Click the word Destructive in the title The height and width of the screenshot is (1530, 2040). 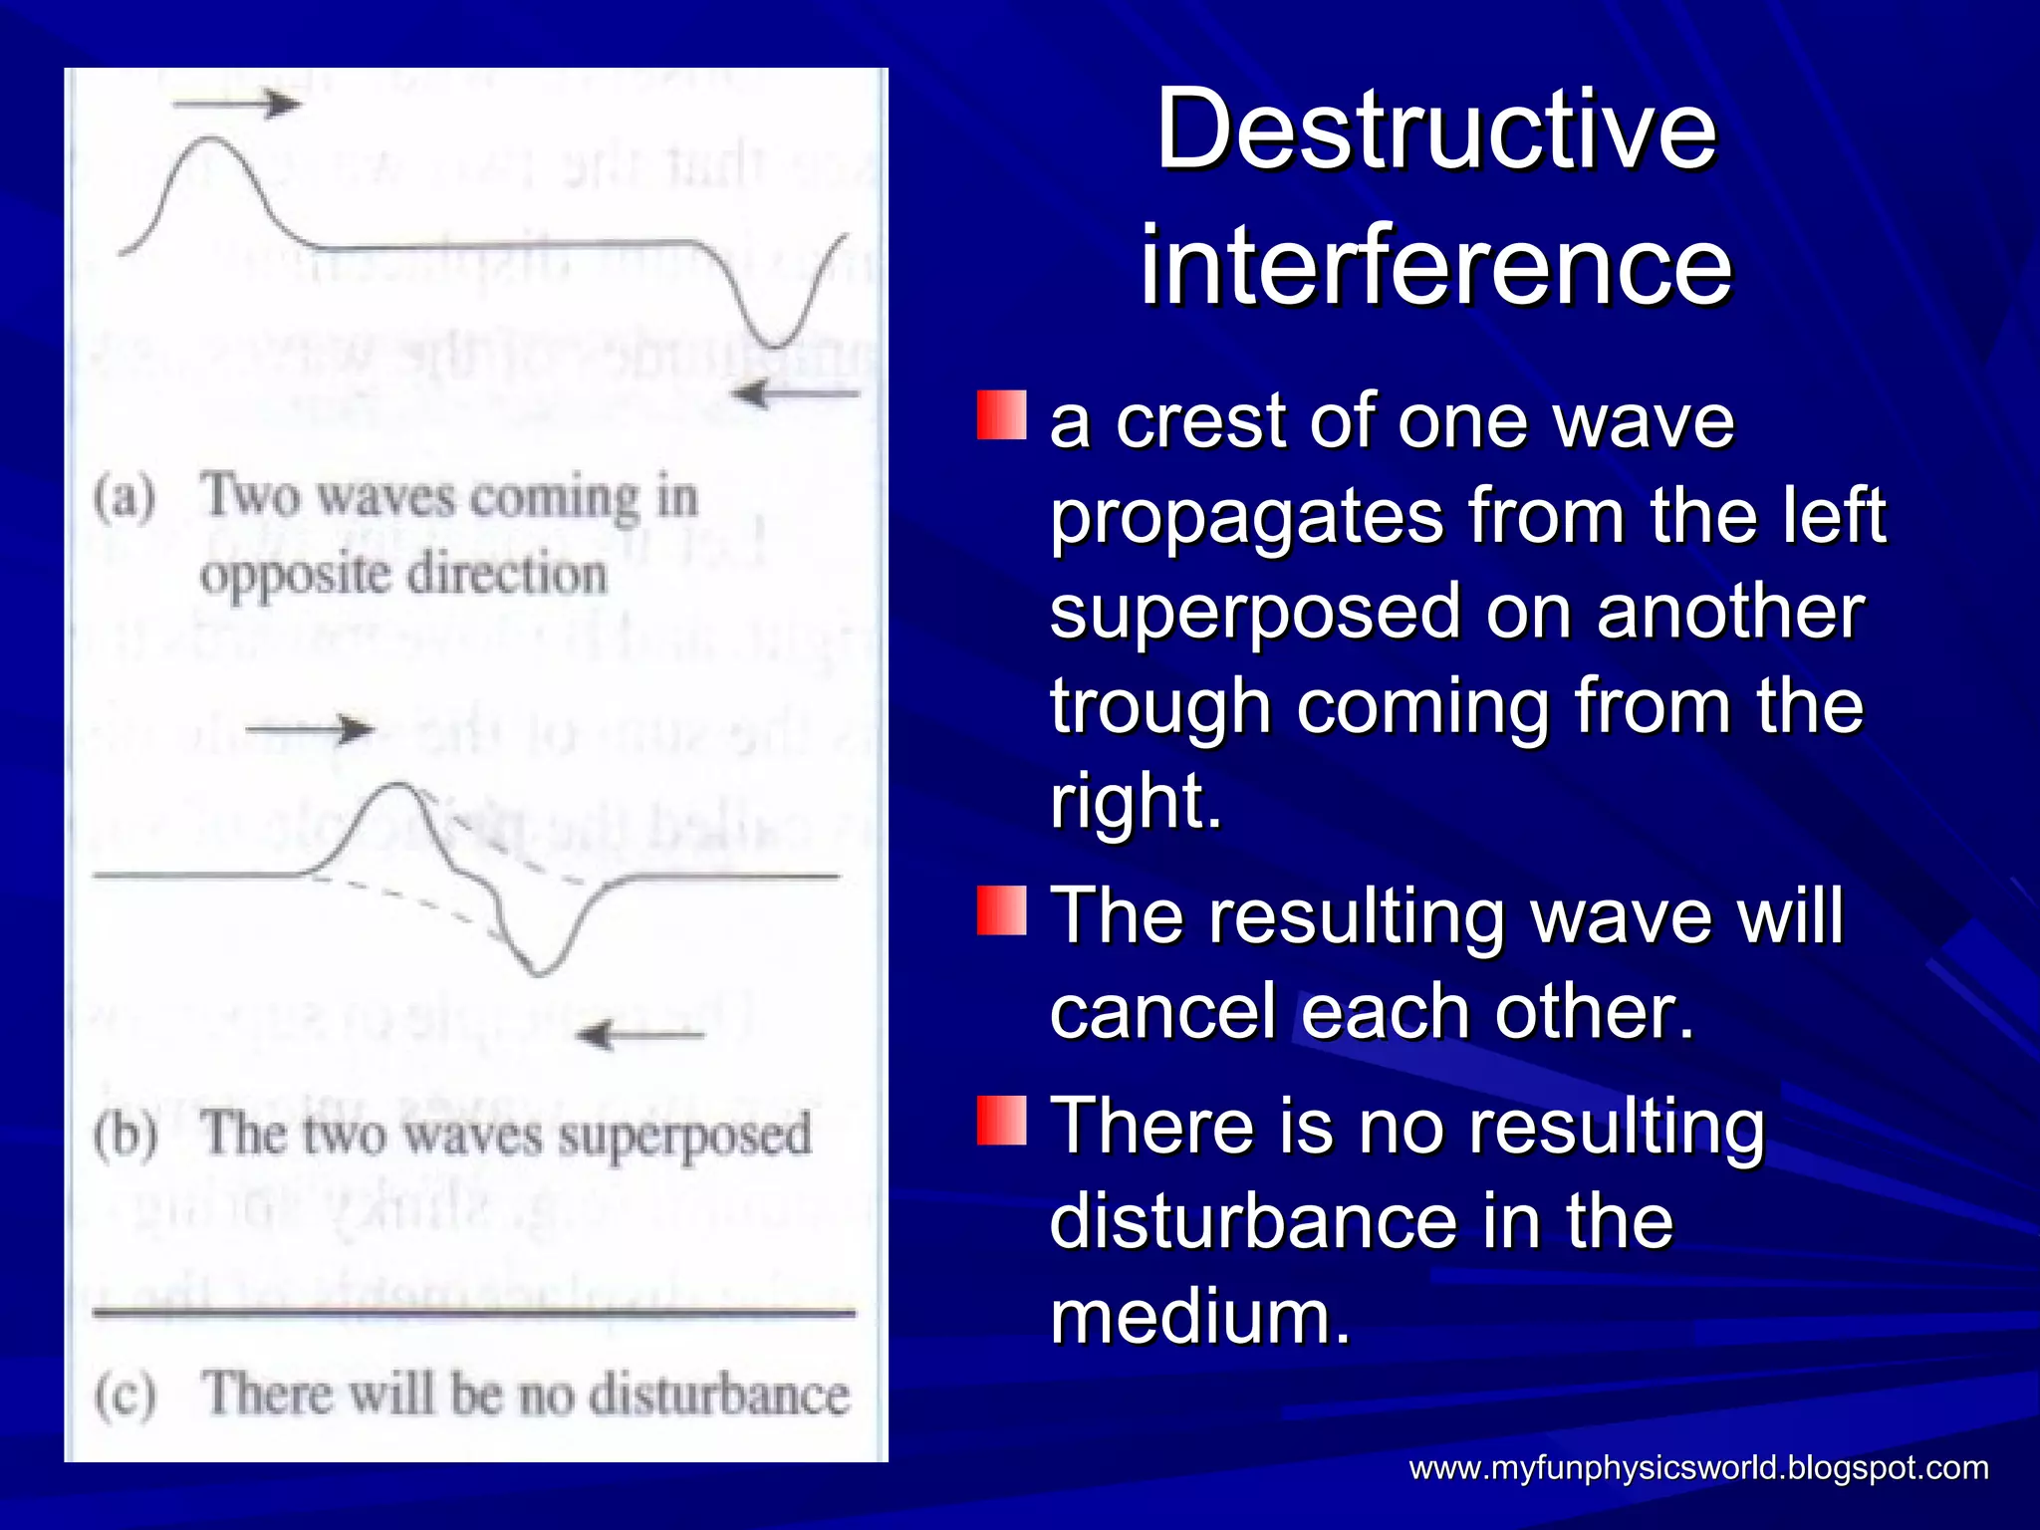tap(1435, 130)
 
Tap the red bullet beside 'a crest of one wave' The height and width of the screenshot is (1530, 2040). tap(1001, 415)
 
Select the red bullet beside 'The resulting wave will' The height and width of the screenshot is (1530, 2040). tap(1001, 910)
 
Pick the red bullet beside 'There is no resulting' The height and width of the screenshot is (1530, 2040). tap(1001, 1121)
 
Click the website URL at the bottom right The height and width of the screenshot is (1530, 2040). tap(1698, 1467)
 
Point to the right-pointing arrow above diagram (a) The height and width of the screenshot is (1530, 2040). tap(237, 103)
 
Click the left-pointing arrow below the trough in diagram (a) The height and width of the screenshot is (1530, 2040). tap(794, 394)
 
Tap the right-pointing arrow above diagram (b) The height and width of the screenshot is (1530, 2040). tap(310, 729)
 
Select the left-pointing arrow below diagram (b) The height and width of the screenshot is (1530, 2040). tap(640, 1035)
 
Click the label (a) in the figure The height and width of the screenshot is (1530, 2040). tap(126, 497)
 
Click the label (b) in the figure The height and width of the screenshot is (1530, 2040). tap(126, 1135)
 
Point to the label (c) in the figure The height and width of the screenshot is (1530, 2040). tap(126, 1394)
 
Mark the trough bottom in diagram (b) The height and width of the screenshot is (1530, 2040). tap(539, 971)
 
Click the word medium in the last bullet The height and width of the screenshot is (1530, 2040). tap(1199, 1317)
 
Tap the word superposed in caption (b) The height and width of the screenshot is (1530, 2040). tap(684, 1137)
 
